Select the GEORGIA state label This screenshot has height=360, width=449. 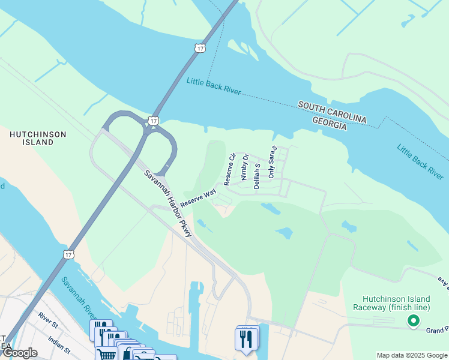(330, 124)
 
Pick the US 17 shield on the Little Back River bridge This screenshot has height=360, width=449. (199, 47)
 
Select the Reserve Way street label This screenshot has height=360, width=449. (197, 199)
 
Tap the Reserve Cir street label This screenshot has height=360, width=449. (229, 169)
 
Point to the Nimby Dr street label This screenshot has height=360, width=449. (244, 170)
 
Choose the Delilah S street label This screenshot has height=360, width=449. (257, 176)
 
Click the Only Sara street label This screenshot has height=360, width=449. (272, 162)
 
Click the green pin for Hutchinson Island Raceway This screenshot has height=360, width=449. (413, 322)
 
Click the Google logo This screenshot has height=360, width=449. (20, 353)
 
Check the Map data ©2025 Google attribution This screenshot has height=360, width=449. (412, 355)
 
